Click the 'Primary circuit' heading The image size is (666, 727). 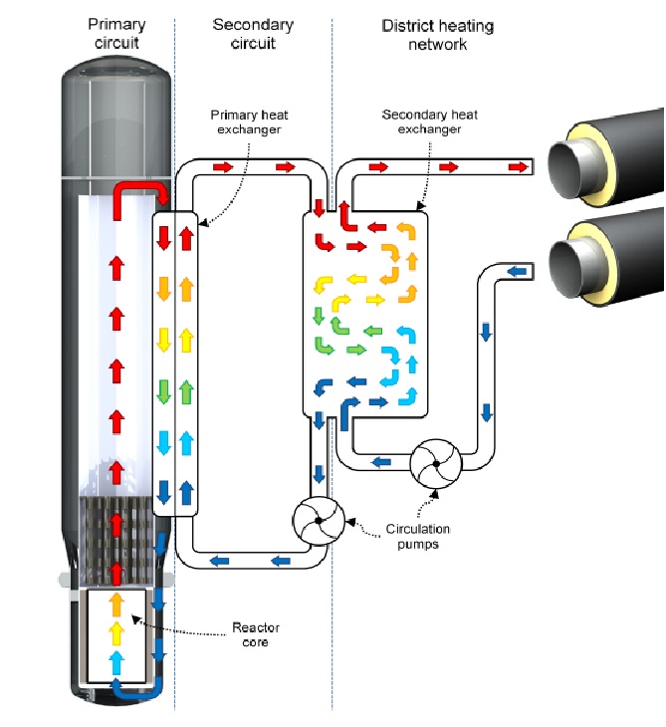(x=116, y=34)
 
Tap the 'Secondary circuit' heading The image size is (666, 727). (x=253, y=34)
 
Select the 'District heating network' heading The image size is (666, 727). (x=437, y=35)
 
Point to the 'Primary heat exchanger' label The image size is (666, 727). (x=249, y=121)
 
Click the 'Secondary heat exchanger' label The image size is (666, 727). (x=430, y=121)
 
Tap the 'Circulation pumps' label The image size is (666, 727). (x=418, y=537)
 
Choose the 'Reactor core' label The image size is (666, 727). (x=256, y=634)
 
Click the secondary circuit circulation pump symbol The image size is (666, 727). (x=319, y=521)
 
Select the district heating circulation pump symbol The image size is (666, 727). (x=436, y=464)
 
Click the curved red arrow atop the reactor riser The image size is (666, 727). (x=139, y=198)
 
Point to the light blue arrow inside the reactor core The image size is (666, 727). (x=116, y=663)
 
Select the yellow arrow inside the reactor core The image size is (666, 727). (x=116, y=632)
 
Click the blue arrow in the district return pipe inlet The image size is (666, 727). (x=518, y=271)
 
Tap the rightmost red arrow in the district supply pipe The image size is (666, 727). (x=519, y=167)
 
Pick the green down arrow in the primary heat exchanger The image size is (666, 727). (x=163, y=391)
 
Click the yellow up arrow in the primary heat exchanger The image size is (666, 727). (x=186, y=341)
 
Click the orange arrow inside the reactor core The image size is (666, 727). (x=116, y=605)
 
